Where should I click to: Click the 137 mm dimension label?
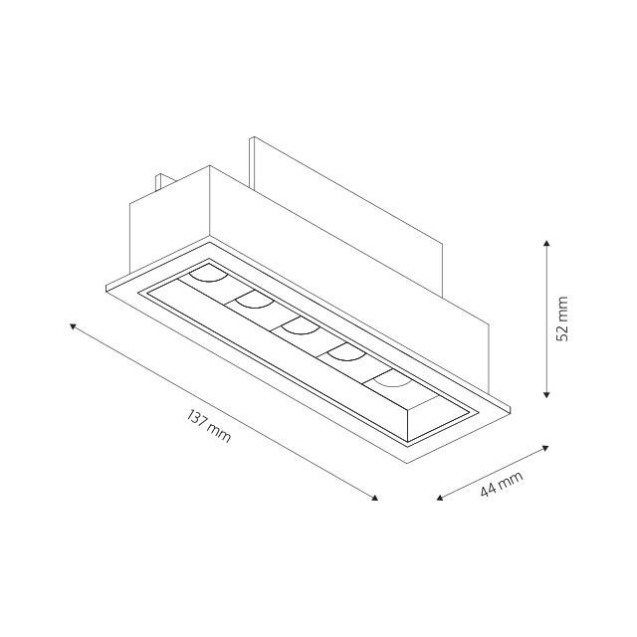209,426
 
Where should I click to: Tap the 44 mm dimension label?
502,484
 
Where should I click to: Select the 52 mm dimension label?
561,318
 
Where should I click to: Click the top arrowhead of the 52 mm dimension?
546,243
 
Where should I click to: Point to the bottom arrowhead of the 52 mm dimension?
546,394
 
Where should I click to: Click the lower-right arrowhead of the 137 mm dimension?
375,498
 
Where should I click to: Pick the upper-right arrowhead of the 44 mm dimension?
545,448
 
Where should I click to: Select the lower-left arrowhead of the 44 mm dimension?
439,498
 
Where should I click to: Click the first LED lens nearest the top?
208,277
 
